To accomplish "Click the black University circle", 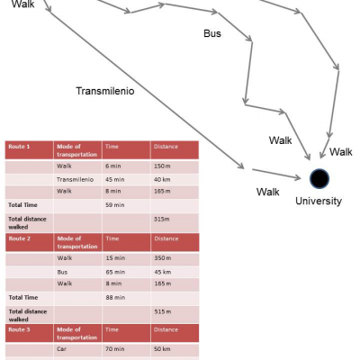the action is pos(319,179).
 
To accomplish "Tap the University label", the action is pos(319,202).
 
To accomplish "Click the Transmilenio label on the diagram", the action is pos(105,91).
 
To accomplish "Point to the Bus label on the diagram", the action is pos(212,33).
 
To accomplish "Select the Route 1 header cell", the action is pos(29,150).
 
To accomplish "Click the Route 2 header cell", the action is pos(30,242).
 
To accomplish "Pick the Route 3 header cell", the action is pos(30,333).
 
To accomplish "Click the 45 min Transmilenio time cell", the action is pos(126,180).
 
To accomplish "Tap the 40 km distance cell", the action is pos(175,180).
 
